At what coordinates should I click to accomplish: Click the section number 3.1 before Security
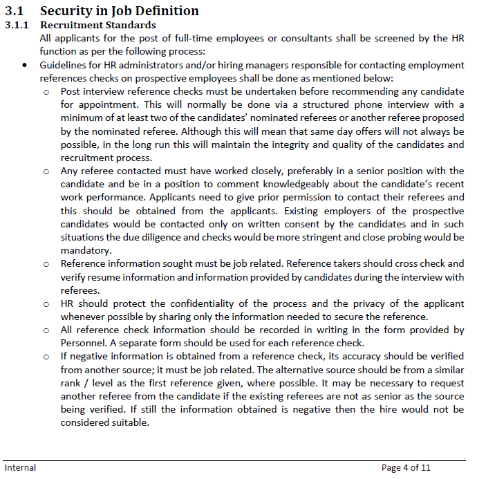(15, 10)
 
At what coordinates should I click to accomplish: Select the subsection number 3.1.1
(17, 25)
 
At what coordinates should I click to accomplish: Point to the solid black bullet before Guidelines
(25, 65)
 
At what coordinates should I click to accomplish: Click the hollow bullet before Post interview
(46, 92)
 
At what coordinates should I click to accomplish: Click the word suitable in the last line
(131, 423)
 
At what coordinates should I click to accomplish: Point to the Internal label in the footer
(20, 468)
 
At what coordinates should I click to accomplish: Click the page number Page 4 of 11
(406, 468)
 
